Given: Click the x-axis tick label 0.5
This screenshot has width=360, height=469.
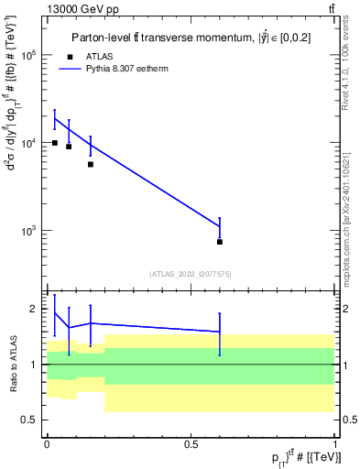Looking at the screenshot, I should tap(191, 444).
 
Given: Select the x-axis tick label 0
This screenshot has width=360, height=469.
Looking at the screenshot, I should tap(47, 444).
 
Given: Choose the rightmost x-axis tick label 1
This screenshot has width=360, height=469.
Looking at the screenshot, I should tap(336, 444).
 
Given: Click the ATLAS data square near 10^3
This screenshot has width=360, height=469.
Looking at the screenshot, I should tap(220, 242).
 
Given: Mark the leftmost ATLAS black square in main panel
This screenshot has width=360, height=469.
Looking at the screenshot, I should tap(55, 143).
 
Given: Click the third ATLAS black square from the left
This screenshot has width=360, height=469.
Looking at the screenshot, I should tap(91, 164).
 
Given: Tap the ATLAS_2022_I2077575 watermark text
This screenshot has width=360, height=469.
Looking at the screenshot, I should tap(191, 273).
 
